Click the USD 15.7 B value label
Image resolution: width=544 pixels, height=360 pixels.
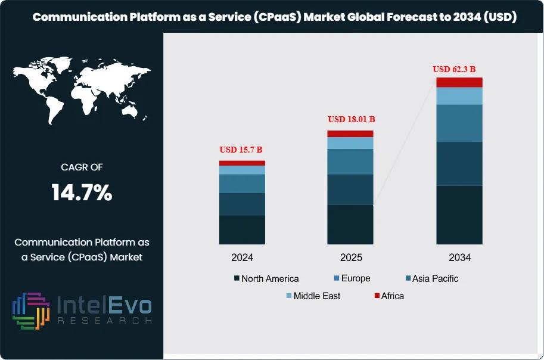[242, 149]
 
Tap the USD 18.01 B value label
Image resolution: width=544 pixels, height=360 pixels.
[351, 119]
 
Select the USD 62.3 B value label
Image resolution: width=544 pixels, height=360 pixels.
[458, 69]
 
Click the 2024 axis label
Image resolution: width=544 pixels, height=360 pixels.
[243, 257]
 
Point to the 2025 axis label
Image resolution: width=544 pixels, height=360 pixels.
[350, 257]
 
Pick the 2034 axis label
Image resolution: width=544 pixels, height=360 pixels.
[459, 257]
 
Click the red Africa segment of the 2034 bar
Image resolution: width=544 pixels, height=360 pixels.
[459, 82]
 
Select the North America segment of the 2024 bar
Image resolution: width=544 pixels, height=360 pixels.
[242, 229]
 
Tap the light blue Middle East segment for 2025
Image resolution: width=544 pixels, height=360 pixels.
[350, 143]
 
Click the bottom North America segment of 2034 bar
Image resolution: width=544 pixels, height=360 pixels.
[459, 215]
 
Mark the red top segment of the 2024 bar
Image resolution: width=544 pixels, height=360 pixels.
[242, 163]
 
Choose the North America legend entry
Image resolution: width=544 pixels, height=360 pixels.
[266, 278]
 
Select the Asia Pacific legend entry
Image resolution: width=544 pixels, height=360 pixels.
[431, 278]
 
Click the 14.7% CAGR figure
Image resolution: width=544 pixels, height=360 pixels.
[82, 193]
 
